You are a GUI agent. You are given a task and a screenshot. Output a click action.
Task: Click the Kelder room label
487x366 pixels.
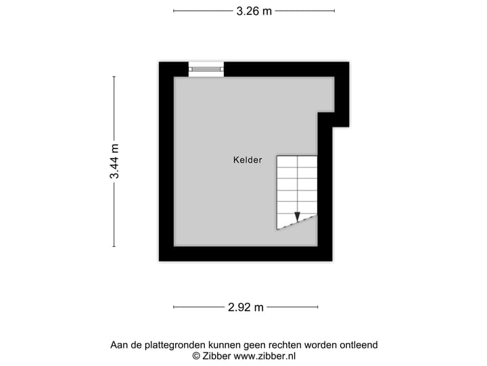(247, 160)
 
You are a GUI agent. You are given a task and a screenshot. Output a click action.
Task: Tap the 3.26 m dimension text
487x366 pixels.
(254, 11)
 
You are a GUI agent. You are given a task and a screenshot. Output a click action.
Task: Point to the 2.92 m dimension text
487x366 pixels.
(245, 307)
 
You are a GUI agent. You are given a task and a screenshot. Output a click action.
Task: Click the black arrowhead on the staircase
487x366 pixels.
(297, 218)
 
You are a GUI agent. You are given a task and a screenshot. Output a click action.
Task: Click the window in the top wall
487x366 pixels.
(206, 68)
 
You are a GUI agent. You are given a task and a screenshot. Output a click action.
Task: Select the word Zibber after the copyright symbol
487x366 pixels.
(218, 356)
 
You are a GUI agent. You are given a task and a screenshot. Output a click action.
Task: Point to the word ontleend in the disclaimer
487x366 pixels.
(356, 344)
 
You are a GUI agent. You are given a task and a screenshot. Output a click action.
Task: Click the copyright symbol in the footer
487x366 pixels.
(196, 356)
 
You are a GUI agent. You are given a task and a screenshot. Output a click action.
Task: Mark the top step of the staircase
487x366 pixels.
(297, 161)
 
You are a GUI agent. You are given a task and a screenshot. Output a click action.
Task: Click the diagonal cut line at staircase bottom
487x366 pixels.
(298, 222)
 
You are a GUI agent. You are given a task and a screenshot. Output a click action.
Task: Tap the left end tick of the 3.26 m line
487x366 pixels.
(174, 11)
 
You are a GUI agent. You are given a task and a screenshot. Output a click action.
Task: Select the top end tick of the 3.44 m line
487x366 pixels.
(114, 77)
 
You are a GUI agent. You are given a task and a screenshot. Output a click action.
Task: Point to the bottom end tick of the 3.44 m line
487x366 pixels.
(114, 247)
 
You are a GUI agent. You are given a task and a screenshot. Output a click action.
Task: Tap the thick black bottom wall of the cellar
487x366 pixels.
(246, 254)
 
